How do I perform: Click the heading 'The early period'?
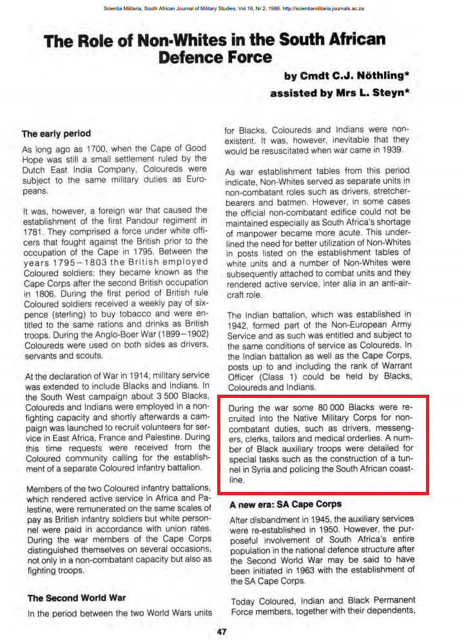pos(56,134)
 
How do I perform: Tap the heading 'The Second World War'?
pos(76,598)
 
